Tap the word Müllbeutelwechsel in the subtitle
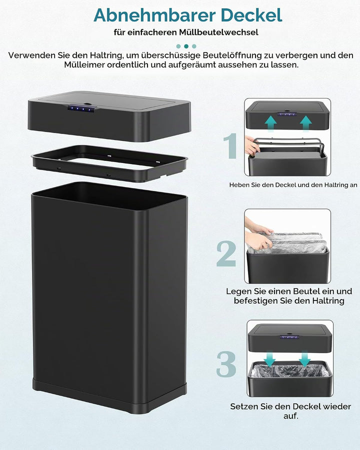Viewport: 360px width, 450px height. [219, 32]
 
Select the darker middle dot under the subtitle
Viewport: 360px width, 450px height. [186, 46]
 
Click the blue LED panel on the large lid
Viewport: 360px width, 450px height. [80, 108]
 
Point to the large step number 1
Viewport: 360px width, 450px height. [230, 146]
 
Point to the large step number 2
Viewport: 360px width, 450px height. [226, 253]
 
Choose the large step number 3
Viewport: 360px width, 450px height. [226, 364]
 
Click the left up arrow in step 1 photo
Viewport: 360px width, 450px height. [270, 123]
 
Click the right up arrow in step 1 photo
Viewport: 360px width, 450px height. [306, 123]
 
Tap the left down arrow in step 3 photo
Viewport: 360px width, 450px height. [269, 359]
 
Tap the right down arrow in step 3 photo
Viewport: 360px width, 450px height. [304, 359]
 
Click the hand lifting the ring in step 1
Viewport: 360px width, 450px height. [252, 145]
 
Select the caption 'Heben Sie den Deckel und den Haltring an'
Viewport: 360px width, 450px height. [293, 185]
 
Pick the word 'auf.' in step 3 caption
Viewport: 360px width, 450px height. [291, 415]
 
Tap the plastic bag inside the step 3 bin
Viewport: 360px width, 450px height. [290, 370]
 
